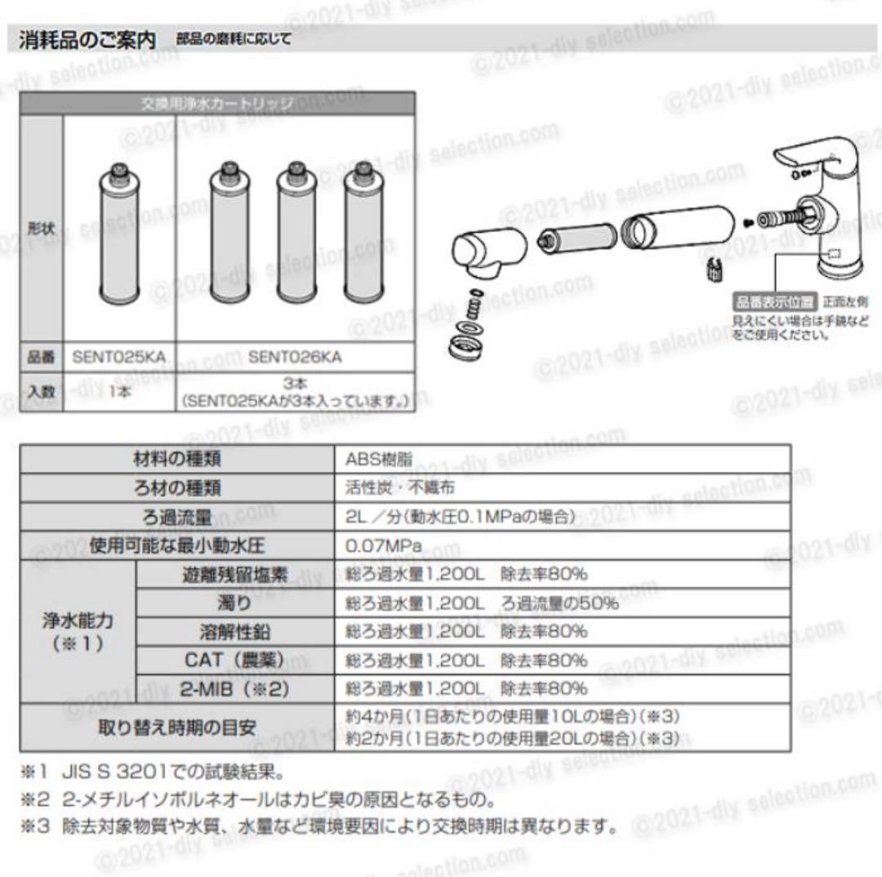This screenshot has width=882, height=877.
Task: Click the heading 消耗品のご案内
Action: click(x=87, y=38)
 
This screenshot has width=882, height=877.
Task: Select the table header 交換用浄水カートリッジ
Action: click(x=217, y=104)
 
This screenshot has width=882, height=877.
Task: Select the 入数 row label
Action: click(x=39, y=391)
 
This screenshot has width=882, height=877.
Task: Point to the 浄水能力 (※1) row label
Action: click(x=78, y=630)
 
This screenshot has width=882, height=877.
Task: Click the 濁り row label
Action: click(x=234, y=603)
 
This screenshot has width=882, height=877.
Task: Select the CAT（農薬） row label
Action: click(x=234, y=660)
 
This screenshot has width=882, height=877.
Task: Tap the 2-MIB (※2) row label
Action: click(x=234, y=688)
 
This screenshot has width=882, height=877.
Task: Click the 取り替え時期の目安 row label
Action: click(x=177, y=726)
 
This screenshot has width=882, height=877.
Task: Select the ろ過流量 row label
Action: click(x=177, y=516)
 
